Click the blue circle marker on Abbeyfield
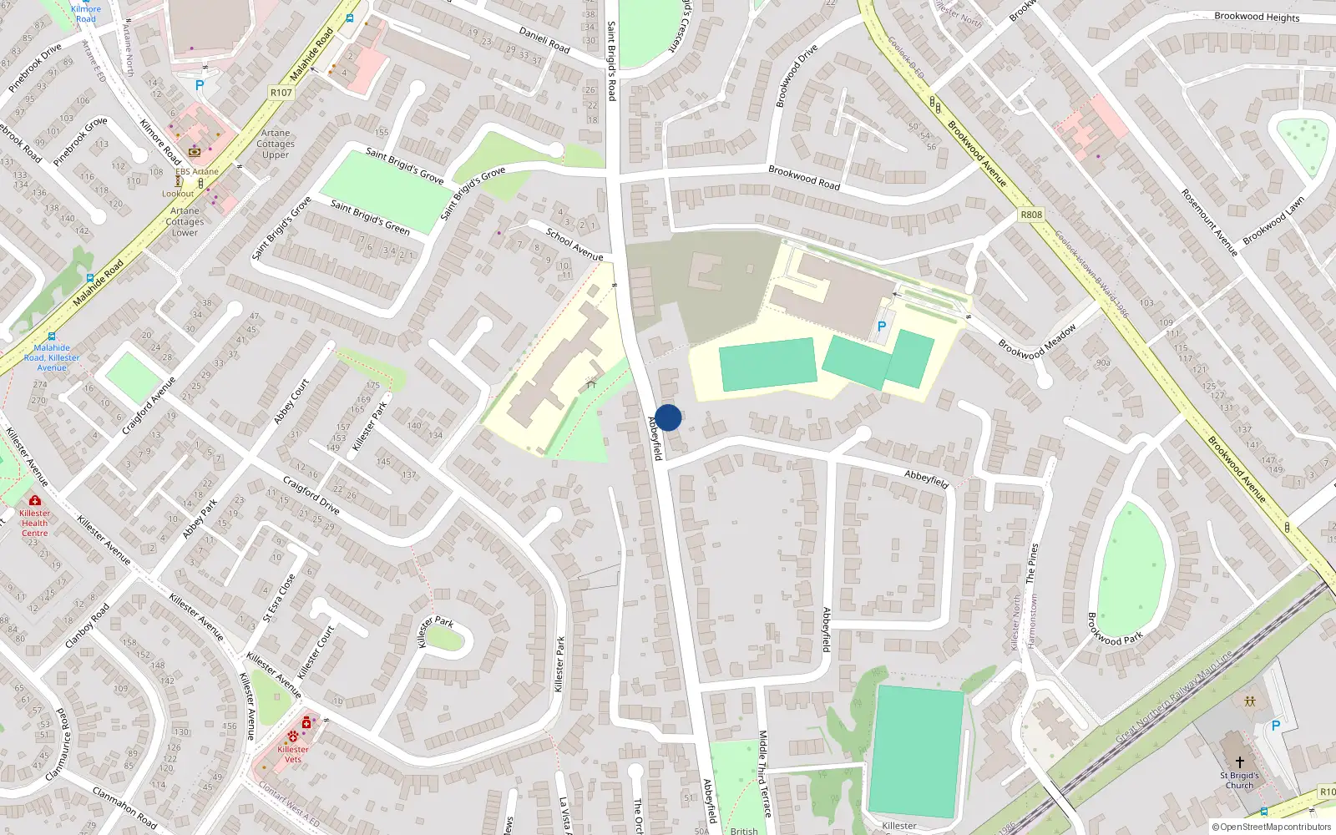tap(668, 417)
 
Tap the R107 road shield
tap(281, 92)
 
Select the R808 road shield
tap(1031, 215)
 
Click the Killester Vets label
tap(293, 754)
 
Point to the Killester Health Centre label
tap(35, 523)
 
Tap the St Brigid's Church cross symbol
tap(1240, 762)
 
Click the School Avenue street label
tap(574, 244)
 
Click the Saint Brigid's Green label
tap(370, 217)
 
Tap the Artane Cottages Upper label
tap(276, 144)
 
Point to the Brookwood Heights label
tap(1257, 17)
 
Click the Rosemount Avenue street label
tap(1208, 222)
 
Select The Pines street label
tap(1032, 563)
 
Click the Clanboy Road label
tap(87, 626)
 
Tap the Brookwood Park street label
tap(1115, 630)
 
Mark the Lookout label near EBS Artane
tap(178, 194)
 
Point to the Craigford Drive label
tap(311, 496)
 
